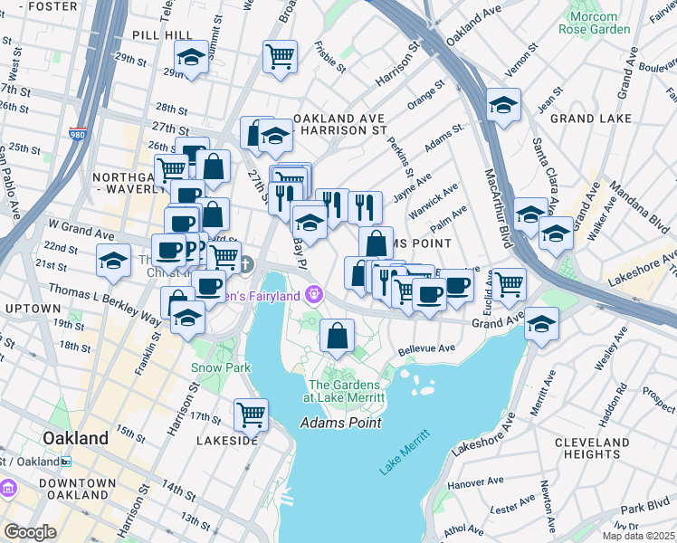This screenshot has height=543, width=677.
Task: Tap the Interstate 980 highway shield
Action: coord(77,134)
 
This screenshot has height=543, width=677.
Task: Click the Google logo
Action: coord(30,532)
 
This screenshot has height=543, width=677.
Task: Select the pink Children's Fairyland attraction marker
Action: coord(314,292)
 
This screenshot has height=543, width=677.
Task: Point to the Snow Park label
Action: coord(213,367)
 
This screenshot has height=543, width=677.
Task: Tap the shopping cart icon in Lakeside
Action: coord(251,414)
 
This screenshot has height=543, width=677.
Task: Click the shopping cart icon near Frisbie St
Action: coord(280,56)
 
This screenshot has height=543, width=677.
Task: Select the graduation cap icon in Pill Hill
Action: coord(191,58)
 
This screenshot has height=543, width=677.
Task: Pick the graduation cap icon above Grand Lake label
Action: coord(502,104)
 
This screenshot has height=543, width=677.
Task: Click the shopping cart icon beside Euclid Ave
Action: coord(510,283)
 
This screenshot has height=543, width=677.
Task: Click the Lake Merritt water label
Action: coord(401,454)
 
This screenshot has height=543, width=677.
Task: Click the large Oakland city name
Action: coord(76,438)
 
